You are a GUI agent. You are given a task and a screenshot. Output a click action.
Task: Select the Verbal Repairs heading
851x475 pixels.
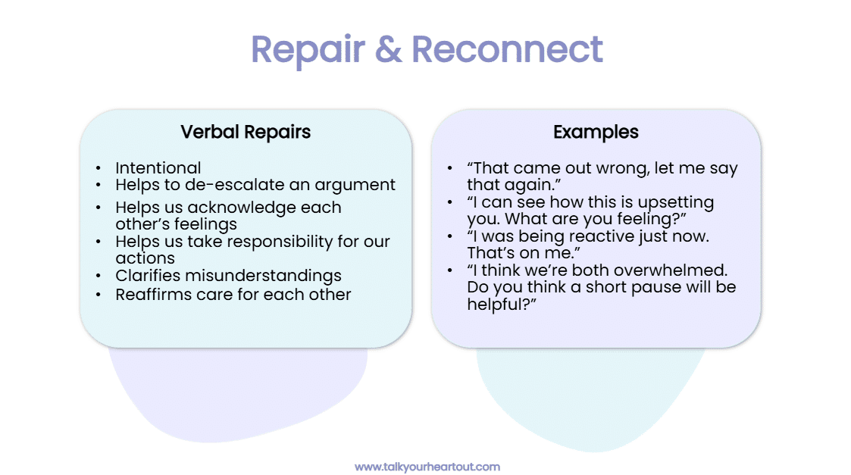point(246,132)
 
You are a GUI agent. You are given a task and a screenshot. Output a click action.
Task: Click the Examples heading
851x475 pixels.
point(596,132)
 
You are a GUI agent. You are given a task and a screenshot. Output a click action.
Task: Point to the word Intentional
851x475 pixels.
point(158,168)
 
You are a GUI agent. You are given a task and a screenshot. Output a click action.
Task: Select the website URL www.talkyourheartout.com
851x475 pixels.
point(427,467)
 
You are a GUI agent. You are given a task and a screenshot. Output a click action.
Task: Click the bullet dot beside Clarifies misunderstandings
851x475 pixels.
point(99,277)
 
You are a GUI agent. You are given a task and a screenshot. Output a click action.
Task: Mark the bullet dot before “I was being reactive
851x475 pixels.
point(450,237)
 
